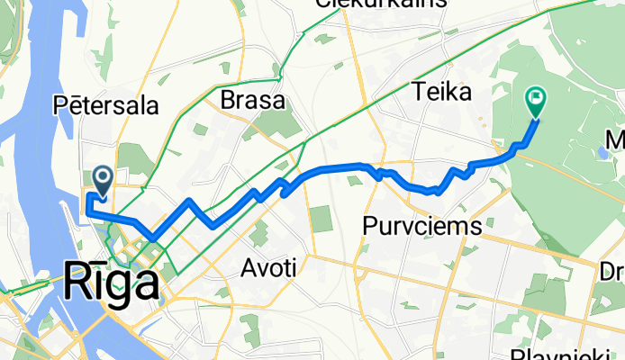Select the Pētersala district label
(x=107, y=105)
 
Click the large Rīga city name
(x=113, y=284)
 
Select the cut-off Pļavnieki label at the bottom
(x=548, y=354)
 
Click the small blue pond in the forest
(x=602, y=154)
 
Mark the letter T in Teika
(x=417, y=91)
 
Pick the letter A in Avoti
(x=249, y=267)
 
